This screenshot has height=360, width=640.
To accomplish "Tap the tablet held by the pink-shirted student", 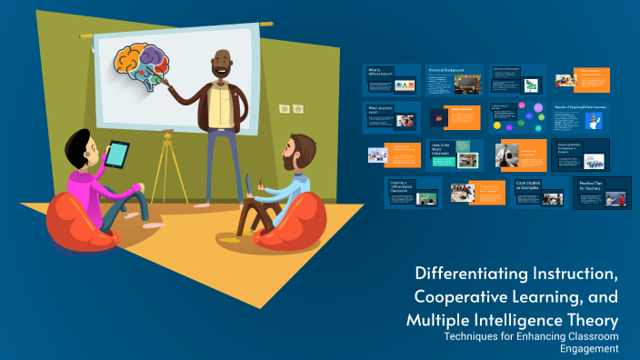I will [x=115, y=154].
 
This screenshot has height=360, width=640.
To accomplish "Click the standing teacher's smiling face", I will [x=221, y=66].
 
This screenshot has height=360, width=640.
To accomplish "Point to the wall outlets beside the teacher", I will [x=291, y=109].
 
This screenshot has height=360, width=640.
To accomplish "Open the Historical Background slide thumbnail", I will [x=454, y=81].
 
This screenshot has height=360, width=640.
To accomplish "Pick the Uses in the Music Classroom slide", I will [x=455, y=155].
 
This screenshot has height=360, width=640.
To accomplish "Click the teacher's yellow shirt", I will [x=220, y=105].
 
